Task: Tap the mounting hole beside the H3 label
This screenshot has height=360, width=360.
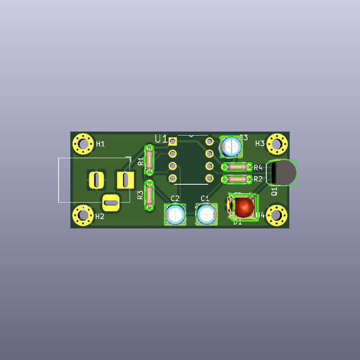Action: tap(277, 143)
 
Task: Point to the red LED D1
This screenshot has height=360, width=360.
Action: tap(243, 208)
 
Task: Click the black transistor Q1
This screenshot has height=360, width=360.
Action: tap(283, 173)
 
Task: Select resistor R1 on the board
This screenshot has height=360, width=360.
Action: tap(149, 161)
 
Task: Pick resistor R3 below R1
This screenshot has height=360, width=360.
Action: tap(149, 195)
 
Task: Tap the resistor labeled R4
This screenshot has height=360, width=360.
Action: tap(236, 167)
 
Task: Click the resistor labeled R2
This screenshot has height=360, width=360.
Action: tap(236, 179)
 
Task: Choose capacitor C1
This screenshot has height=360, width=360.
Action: tap(205, 214)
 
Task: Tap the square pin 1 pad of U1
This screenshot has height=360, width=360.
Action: tap(173, 142)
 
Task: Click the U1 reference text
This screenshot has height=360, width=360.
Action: tap(161, 139)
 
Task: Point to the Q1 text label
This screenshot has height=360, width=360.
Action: tap(274, 191)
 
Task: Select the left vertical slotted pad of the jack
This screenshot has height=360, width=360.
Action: tap(96, 179)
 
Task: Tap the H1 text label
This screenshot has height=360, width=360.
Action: tap(100, 144)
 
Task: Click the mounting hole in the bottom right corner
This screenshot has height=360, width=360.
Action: tap(277, 214)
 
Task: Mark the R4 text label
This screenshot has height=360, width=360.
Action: tap(258, 167)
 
